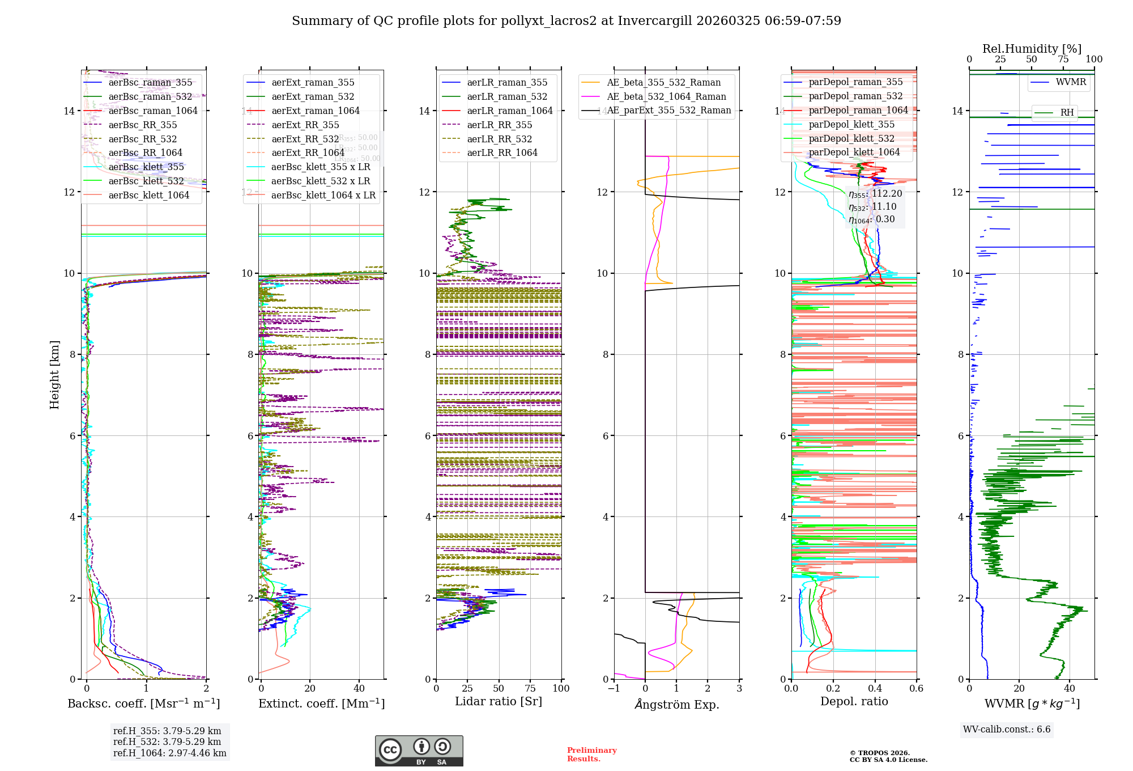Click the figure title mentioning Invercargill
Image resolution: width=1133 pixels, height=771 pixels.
point(566,21)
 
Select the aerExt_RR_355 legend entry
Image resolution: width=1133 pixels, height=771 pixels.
point(305,125)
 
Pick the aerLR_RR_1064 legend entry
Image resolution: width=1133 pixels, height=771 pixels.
point(502,152)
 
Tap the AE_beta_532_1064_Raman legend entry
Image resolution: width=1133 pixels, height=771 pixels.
point(666,96)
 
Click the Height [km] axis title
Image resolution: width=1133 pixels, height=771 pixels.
point(54,374)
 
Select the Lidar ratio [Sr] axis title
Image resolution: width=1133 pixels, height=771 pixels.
point(499,701)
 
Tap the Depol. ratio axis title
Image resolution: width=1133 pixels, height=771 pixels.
point(854,701)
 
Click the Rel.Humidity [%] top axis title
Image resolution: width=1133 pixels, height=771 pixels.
point(1032,49)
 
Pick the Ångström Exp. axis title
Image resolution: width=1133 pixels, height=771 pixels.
point(676,704)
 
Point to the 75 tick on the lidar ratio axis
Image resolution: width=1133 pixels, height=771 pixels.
point(530,688)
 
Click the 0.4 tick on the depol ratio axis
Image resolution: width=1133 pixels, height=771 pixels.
point(875,688)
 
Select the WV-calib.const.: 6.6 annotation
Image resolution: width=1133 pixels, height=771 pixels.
point(1006,729)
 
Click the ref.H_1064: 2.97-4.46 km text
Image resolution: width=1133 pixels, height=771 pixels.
point(169,753)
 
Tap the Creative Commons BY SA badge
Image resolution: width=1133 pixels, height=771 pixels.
point(419,751)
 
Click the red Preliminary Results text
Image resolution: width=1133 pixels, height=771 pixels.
point(591,754)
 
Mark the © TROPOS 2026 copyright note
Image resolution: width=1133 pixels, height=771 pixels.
point(888,756)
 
